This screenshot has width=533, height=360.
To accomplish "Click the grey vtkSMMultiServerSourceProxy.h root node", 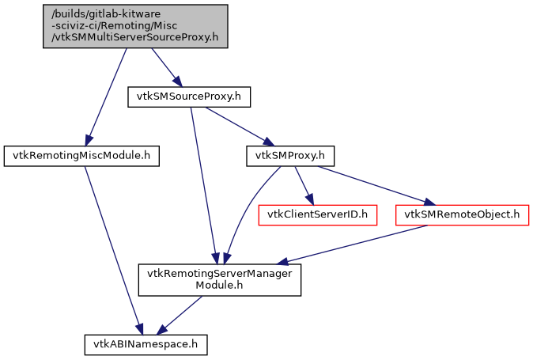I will coord(135,26).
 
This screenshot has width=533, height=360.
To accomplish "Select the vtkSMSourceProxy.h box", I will coord(189,97).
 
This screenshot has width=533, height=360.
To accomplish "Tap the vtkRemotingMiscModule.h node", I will coord(82,156).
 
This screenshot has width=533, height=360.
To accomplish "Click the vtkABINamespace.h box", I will coord(146,344).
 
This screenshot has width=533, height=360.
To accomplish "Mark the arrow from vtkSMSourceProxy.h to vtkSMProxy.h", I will coord(237,126).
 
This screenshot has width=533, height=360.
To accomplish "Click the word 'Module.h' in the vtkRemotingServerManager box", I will coord(220,286).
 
